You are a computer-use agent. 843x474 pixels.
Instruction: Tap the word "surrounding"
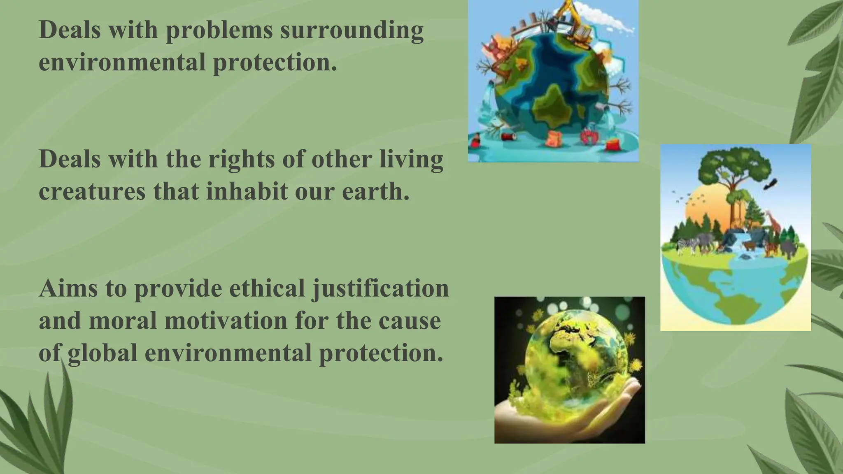(x=352, y=30)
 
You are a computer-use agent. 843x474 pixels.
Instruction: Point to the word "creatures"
(x=92, y=191)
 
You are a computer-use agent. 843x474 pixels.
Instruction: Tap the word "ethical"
(x=267, y=288)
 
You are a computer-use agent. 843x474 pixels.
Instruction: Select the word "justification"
(x=380, y=288)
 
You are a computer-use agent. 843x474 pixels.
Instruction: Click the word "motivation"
(x=226, y=321)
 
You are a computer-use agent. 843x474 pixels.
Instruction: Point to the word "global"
(x=102, y=353)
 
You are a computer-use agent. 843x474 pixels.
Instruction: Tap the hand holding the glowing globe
(x=568, y=416)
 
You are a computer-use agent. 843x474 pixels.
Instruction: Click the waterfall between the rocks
(x=737, y=243)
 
